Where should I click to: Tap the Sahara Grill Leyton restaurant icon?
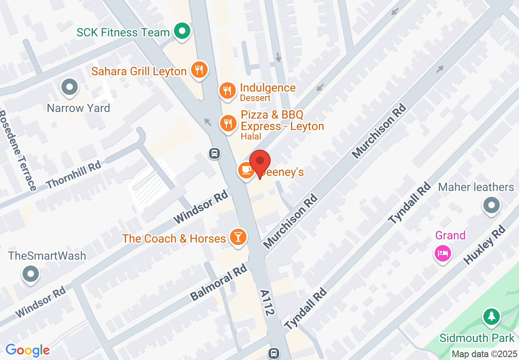pyautogui.click(x=199, y=70)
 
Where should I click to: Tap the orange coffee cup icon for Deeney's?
pyautogui.click(x=246, y=170)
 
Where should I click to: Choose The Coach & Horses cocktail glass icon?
pyautogui.click(x=238, y=237)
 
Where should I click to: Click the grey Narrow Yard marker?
pyautogui.click(x=69, y=87)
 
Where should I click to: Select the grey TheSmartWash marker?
pyautogui.click(x=31, y=273)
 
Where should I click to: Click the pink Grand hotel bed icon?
pyautogui.click(x=442, y=253)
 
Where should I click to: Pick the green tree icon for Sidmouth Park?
pyautogui.click(x=491, y=316)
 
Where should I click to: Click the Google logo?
pyautogui.click(x=27, y=350)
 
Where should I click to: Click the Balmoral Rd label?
pyautogui.click(x=219, y=282)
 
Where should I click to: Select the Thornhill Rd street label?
pyautogui.click(x=74, y=174)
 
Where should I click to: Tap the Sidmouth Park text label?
pyautogui.click(x=477, y=338)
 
